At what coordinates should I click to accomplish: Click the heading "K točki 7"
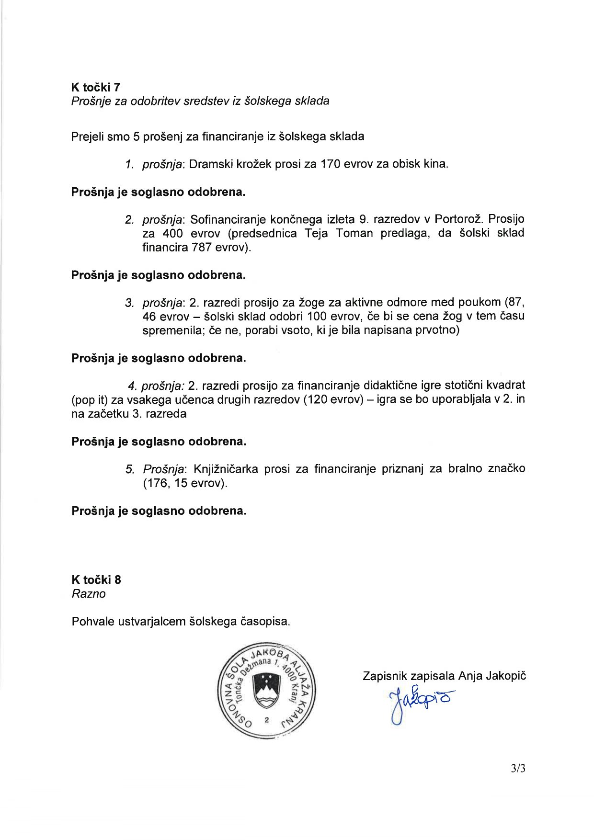(96, 87)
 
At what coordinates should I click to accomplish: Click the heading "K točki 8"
(96, 580)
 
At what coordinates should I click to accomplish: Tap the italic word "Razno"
(89, 594)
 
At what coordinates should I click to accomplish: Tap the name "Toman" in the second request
(354, 233)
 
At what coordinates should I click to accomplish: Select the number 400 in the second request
(173, 233)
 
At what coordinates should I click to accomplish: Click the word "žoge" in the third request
(312, 303)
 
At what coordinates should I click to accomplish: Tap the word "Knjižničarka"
(225, 469)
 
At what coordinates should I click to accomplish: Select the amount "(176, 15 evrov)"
(185, 483)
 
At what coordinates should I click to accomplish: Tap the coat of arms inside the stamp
(266, 691)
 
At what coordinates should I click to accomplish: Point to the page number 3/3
(518, 769)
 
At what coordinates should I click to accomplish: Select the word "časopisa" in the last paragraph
(268, 622)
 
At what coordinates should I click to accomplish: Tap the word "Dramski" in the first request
(209, 164)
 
